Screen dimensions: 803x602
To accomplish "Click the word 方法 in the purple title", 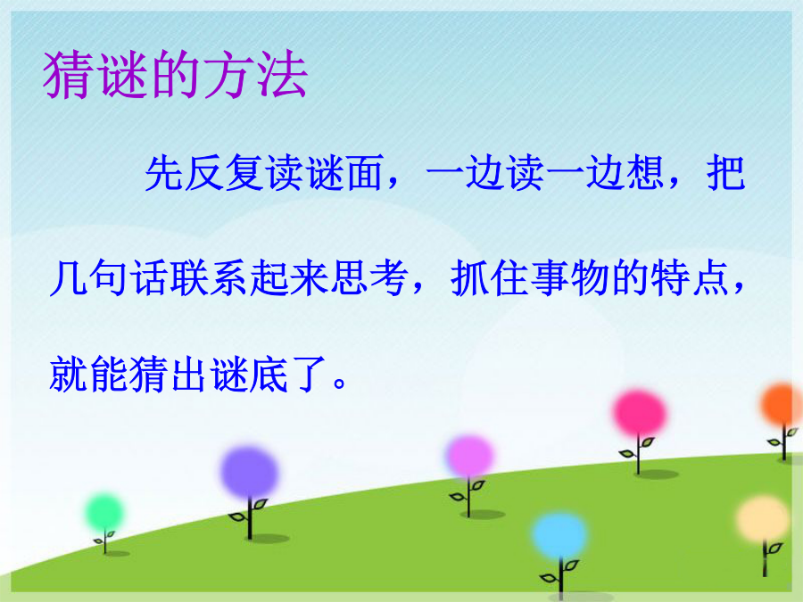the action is (255, 75).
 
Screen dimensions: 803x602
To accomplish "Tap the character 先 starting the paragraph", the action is (164, 173).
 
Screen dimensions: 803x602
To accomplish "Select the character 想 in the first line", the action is (646, 173).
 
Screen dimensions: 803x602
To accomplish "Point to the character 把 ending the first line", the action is (725, 173).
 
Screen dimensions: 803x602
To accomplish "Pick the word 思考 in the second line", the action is (369, 277).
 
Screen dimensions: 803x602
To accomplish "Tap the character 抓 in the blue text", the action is (469, 277).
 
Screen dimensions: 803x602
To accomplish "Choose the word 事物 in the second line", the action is (569, 277).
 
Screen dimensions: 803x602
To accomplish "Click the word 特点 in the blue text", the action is (691, 277).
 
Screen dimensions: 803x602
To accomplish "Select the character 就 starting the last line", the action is (68, 375).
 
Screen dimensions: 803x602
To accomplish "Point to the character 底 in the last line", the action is (269, 375).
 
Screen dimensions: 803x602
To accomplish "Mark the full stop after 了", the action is (340, 383).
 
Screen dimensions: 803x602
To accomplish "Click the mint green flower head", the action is (104, 513).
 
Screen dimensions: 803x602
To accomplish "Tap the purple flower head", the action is (250, 472).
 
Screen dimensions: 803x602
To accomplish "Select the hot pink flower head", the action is (639, 414).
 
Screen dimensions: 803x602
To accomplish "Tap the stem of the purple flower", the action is (250, 518).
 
